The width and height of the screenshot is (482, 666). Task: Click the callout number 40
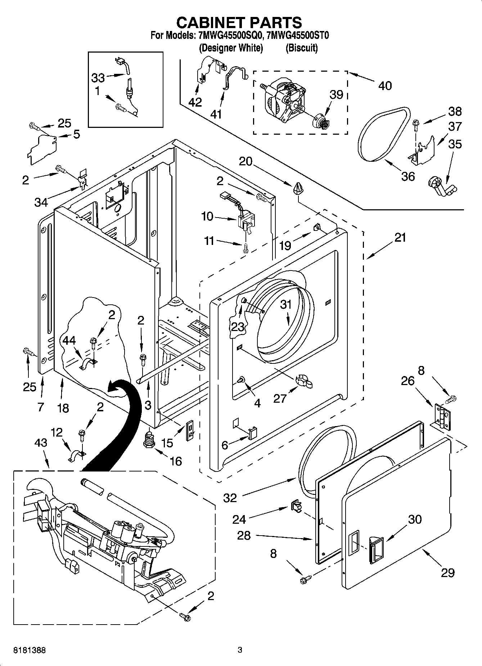coord(385,86)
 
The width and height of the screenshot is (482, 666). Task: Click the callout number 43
coord(41,443)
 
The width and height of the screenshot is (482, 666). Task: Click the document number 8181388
coord(30,650)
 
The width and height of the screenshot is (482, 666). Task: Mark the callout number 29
coord(447,572)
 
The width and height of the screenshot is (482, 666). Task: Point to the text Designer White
coord(231,48)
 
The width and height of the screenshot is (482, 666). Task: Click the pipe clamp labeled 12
coord(76,455)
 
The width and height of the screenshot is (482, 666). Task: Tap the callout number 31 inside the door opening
coord(286,305)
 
